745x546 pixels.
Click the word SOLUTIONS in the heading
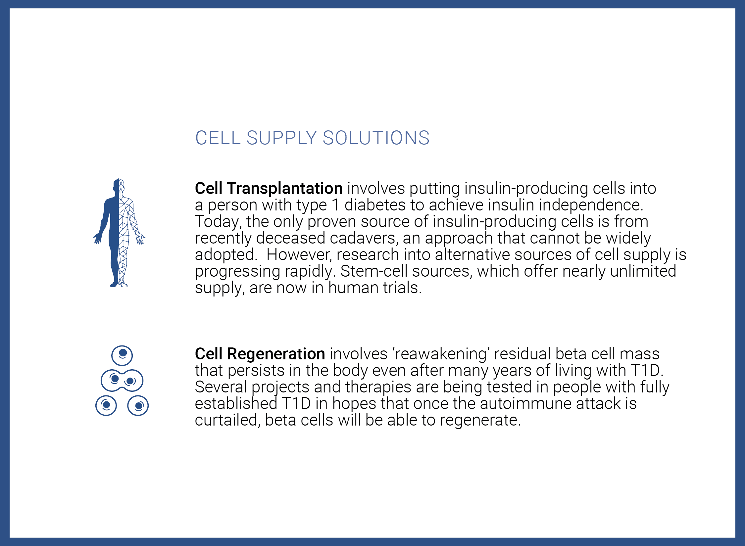(376, 138)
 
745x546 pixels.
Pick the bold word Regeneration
(276, 354)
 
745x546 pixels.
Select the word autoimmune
(526, 403)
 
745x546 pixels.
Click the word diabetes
(375, 205)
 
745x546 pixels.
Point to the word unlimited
(643, 271)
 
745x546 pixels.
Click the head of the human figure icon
(119, 186)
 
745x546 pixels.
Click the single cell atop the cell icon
(122, 355)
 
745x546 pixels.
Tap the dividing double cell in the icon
(122, 381)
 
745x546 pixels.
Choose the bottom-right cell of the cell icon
(138, 406)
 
